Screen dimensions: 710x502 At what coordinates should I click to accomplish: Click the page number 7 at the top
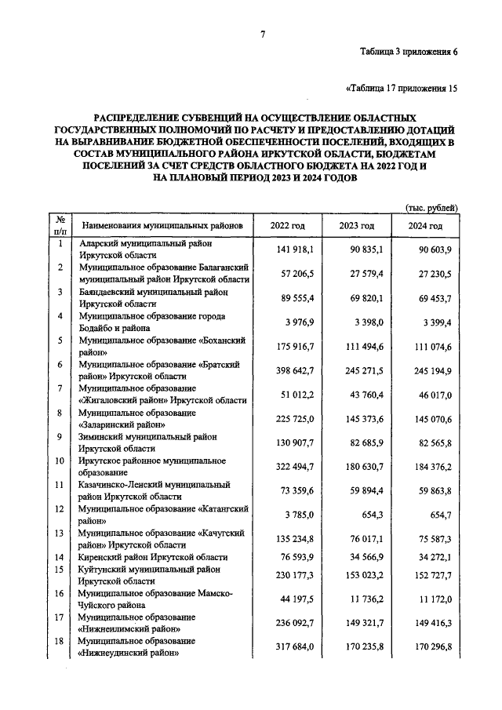coord(264,33)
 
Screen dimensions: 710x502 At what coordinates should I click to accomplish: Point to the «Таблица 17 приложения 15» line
coord(401,88)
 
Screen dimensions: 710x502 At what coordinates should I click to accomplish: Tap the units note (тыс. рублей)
coord(431,207)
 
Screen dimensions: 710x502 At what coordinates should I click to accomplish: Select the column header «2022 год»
coord(287,226)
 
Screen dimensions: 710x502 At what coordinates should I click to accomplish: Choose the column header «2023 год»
coord(356,226)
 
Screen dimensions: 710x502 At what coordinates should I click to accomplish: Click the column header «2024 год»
coord(425,226)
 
